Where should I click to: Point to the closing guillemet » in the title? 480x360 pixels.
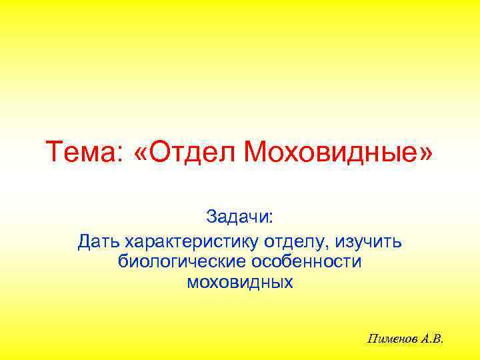[x=425, y=153]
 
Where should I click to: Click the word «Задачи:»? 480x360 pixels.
[x=240, y=217]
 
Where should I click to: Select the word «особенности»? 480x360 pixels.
[x=305, y=261]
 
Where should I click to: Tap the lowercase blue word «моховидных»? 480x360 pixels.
[x=240, y=283]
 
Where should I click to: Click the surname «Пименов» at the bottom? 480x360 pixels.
[x=389, y=339]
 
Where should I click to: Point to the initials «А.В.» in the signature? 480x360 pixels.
[x=429, y=339]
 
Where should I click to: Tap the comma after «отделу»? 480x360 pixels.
[x=328, y=245]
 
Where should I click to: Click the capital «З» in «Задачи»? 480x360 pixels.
[x=211, y=217]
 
